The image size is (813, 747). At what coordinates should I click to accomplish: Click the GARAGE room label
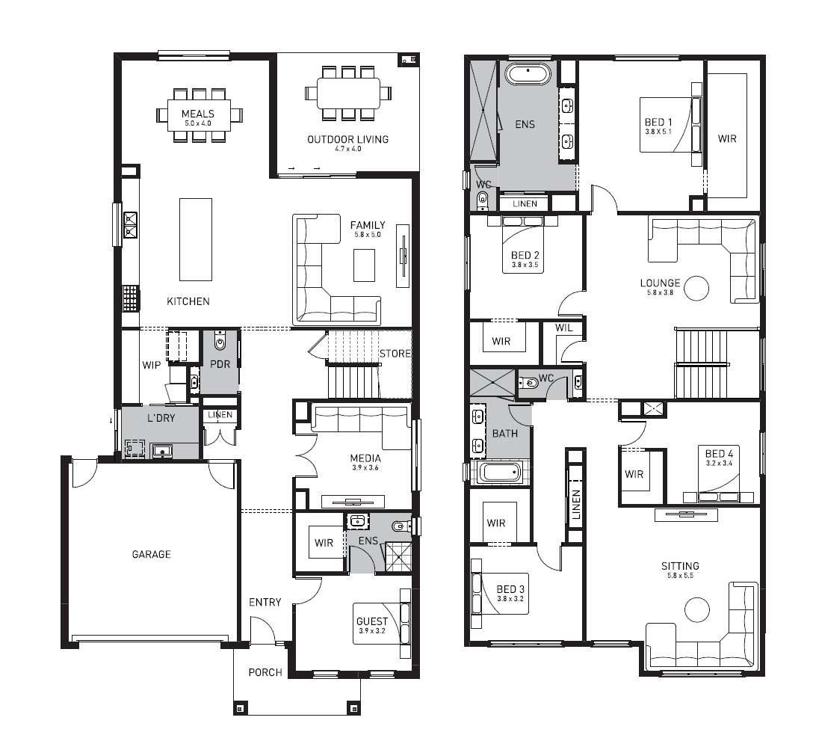point(152,555)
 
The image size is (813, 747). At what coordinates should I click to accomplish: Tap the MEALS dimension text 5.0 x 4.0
point(198,123)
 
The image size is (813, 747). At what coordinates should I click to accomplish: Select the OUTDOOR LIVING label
point(348,140)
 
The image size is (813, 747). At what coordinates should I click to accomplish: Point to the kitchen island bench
point(196,240)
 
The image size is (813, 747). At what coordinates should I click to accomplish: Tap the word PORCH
point(265,672)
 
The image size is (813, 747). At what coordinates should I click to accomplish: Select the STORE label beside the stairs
point(395,354)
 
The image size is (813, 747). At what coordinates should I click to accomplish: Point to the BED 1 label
point(658,123)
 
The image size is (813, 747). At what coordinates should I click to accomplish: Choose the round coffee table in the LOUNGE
point(696,289)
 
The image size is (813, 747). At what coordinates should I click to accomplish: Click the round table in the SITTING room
point(696,610)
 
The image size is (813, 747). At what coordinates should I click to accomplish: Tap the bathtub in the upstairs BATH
point(500,473)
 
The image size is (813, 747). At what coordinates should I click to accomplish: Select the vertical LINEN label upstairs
point(575,504)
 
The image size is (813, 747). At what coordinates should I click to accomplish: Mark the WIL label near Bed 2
point(563,328)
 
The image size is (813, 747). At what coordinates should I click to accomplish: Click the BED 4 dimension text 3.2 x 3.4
point(719,464)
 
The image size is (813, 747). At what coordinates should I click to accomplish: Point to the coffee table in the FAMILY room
point(365,265)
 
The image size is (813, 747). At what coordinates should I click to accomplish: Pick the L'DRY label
point(161,418)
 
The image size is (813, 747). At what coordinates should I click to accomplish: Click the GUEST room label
point(372,621)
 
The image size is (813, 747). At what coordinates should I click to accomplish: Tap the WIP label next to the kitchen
point(152,365)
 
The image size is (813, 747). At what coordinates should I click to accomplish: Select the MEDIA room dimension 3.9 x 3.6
point(365,468)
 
